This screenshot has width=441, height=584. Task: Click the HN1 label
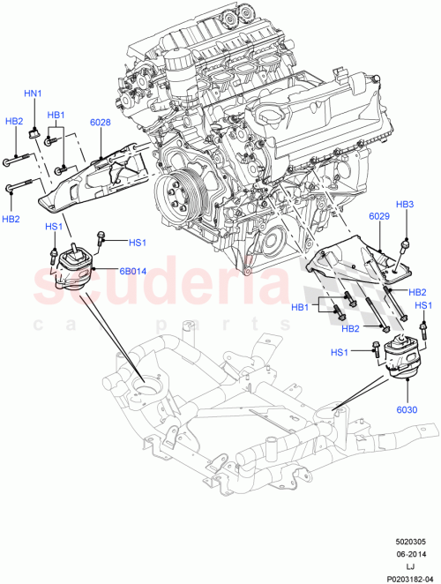click(x=33, y=93)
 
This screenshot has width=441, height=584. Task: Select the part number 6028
click(x=100, y=124)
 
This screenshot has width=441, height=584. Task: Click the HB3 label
click(x=405, y=205)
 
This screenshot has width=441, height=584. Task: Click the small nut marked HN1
click(x=33, y=132)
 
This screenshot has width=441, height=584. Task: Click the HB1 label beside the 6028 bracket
click(x=56, y=115)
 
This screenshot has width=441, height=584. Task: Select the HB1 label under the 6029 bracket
click(x=301, y=308)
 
